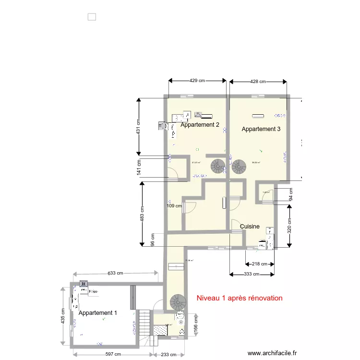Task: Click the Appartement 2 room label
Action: (x=200, y=125)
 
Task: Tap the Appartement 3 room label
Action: (x=261, y=129)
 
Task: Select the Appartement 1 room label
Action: (x=97, y=313)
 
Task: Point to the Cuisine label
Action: (x=250, y=227)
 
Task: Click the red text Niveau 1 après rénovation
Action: (x=240, y=298)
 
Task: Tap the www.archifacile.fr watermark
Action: (x=273, y=353)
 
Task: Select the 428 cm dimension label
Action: (x=259, y=82)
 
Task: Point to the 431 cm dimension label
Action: (x=138, y=127)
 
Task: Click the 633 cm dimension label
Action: (x=115, y=273)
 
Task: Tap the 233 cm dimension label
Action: (x=167, y=355)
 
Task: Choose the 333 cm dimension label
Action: (x=252, y=275)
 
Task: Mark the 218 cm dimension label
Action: (x=260, y=264)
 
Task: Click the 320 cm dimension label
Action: (x=289, y=226)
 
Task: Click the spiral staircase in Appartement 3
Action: (x=239, y=167)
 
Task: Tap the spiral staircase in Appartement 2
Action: (x=218, y=166)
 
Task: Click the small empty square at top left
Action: (x=92, y=17)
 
